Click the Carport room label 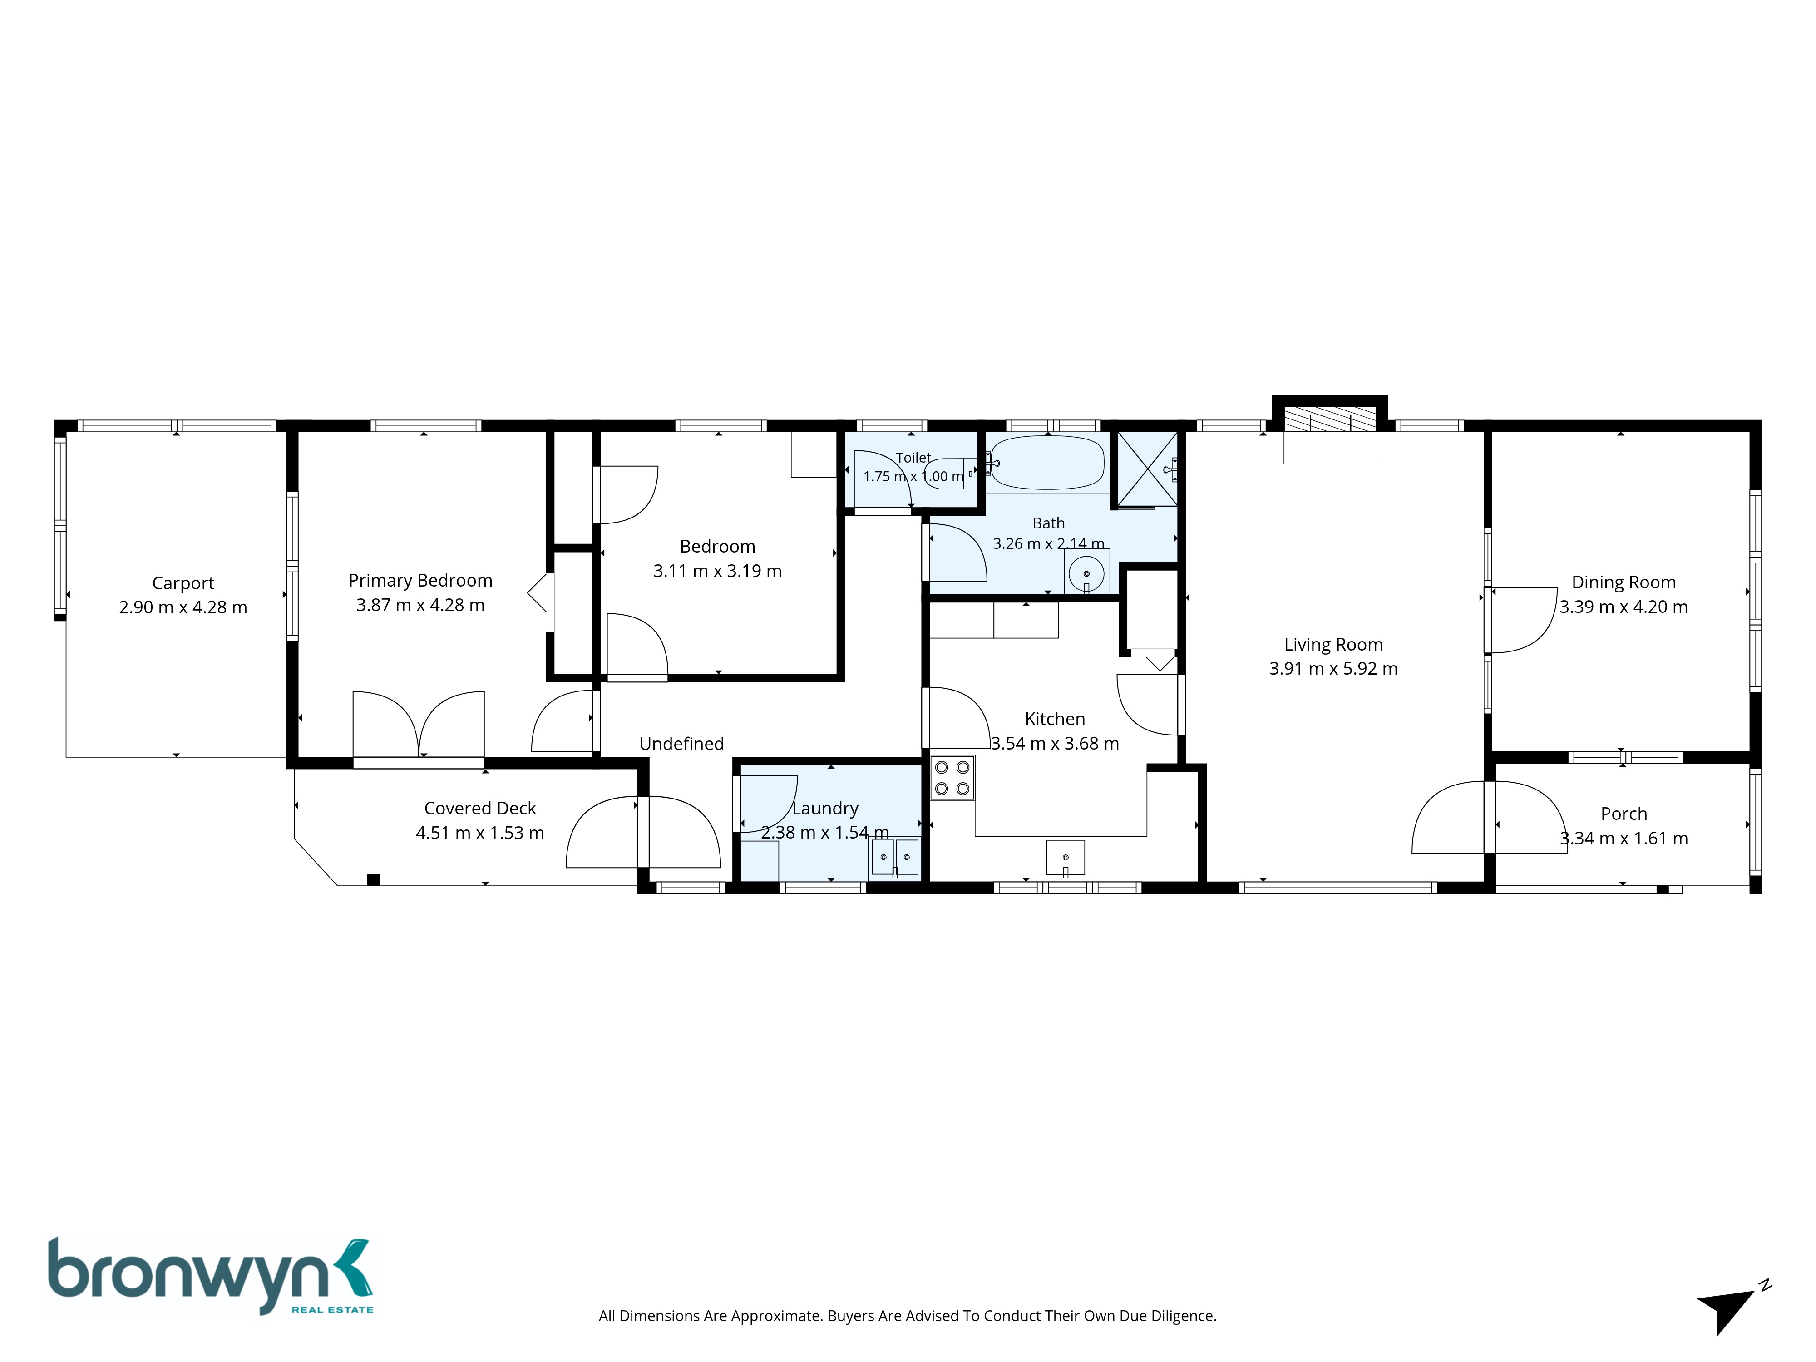[183, 583]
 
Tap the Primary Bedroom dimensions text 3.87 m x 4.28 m [420, 605]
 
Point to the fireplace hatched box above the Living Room [1330, 421]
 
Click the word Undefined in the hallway [681, 744]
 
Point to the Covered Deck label [480, 809]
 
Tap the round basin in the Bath [1086, 573]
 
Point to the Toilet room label [913, 457]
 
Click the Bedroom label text [717, 547]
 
